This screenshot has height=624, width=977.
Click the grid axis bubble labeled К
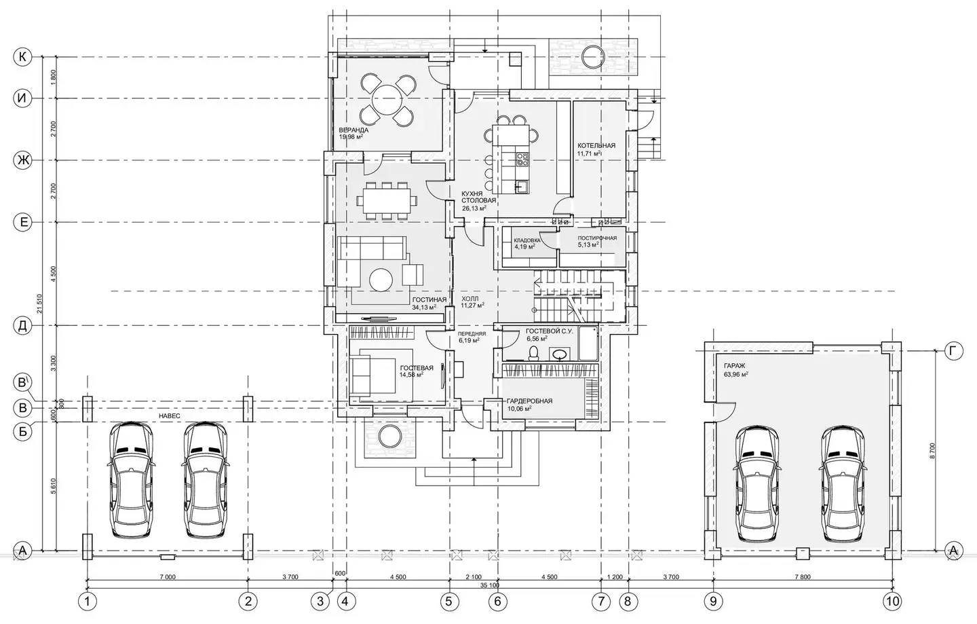click(22, 57)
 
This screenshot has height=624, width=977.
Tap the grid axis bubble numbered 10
click(892, 602)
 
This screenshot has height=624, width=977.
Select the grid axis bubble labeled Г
click(953, 350)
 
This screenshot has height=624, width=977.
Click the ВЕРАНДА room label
click(353, 130)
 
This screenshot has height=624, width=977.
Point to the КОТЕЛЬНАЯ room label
click(596, 145)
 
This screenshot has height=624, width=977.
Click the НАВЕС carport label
click(169, 416)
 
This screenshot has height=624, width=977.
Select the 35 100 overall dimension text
click(490, 585)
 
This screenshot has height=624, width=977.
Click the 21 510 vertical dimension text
click(39, 304)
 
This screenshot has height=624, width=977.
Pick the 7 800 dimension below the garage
click(803, 577)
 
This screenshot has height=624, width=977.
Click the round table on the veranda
click(387, 98)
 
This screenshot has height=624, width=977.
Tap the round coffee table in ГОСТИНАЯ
click(381, 279)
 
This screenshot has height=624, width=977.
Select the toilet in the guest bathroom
click(533, 354)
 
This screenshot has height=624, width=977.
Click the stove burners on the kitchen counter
click(522, 159)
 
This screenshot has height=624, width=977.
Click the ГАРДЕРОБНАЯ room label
click(529, 401)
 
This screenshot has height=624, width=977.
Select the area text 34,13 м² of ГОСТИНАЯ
click(424, 307)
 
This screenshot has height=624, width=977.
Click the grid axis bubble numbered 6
click(498, 602)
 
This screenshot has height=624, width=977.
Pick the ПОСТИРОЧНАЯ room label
click(597, 238)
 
